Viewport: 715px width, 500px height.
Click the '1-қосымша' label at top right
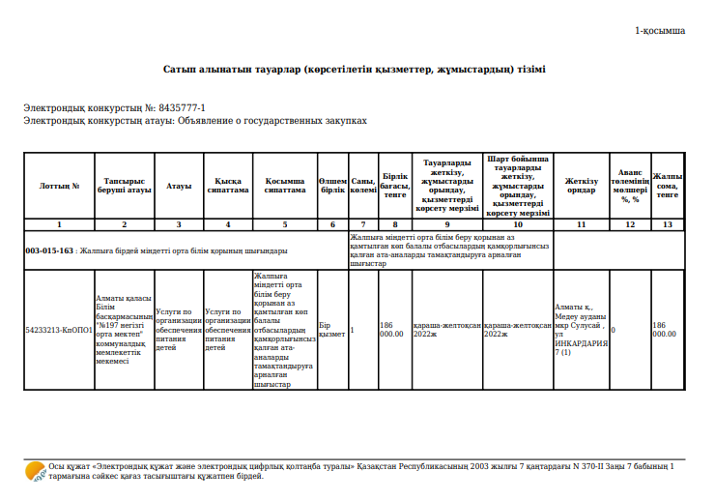point(660,31)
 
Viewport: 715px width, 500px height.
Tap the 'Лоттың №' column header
point(59,185)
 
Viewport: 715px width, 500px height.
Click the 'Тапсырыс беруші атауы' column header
point(124,185)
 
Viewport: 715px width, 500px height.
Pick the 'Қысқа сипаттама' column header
point(227,185)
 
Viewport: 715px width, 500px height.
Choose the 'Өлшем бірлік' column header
point(332,185)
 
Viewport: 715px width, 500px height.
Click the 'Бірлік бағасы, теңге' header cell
point(394,185)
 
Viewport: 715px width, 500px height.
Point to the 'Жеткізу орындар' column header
point(581,185)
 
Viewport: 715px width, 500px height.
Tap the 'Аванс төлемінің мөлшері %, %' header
point(630,185)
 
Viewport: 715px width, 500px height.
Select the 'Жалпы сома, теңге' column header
point(667,185)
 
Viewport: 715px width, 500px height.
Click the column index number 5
point(284,224)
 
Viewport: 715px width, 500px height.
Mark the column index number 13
point(667,224)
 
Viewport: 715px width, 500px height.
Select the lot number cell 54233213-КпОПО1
point(59,329)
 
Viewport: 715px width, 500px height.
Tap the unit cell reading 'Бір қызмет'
point(331,329)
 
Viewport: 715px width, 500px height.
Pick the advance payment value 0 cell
point(614,329)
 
